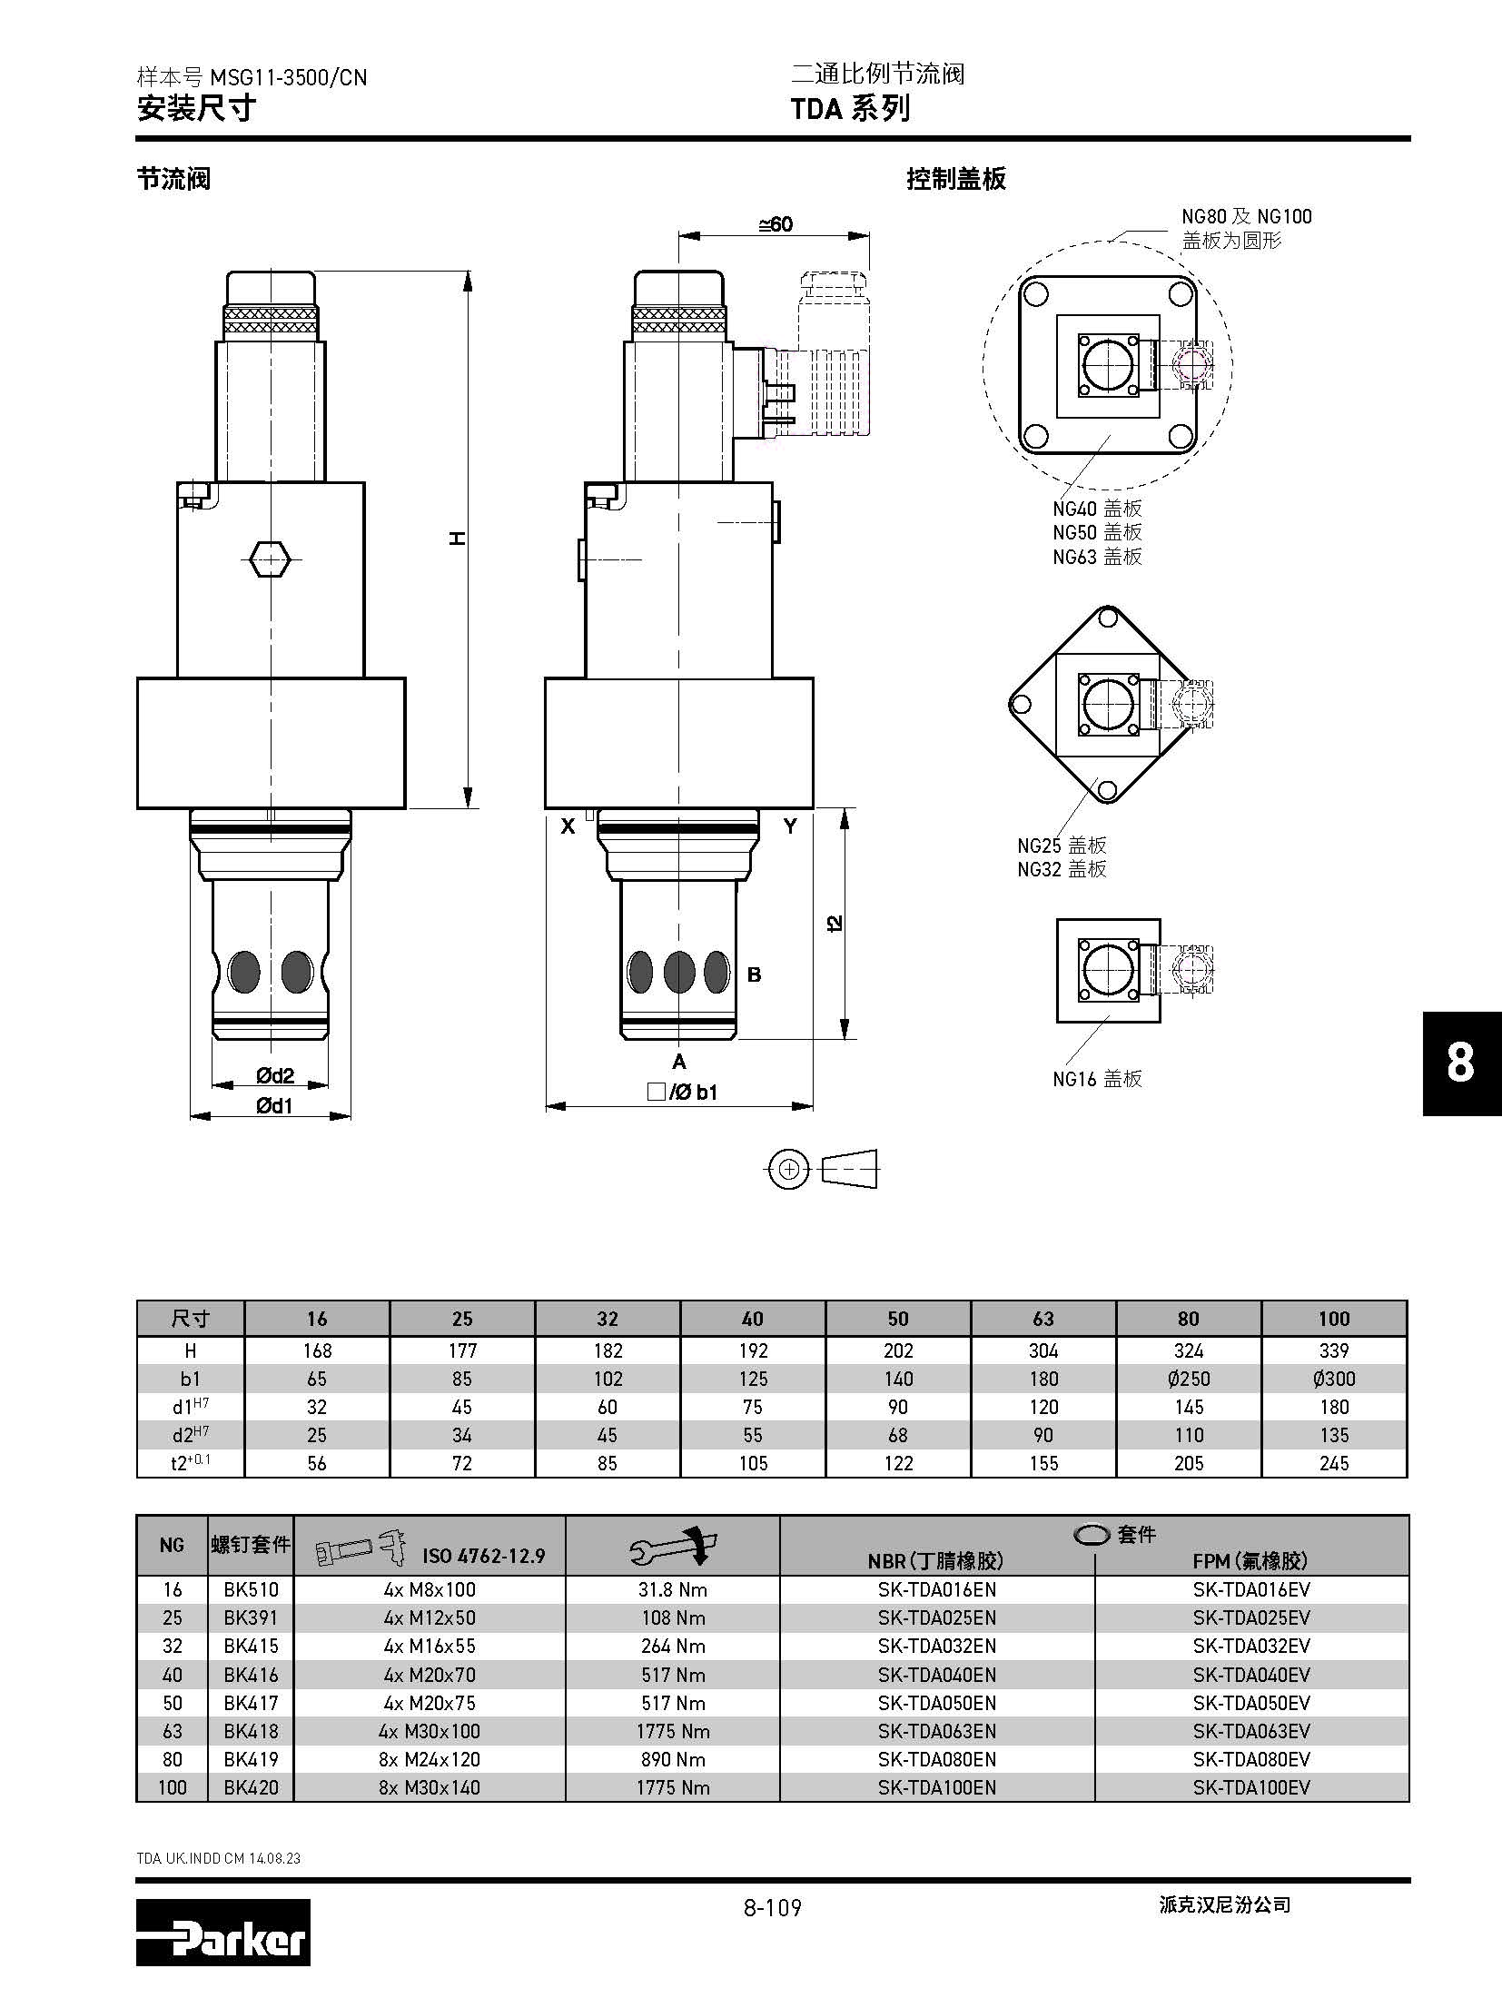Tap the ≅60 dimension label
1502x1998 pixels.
[x=776, y=224]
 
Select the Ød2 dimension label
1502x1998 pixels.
[x=274, y=1076]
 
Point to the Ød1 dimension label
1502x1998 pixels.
[x=274, y=1105]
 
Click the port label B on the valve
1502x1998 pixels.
[x=754, y=974]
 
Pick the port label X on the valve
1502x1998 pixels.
[x=568, y=826]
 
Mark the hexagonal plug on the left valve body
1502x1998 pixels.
[x=269, y=559]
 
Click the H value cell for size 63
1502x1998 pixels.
[x=1043, y=1350]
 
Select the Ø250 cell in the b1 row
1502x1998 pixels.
[x=1189, y=1379]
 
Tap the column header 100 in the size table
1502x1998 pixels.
[x=1334, y=1319]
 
